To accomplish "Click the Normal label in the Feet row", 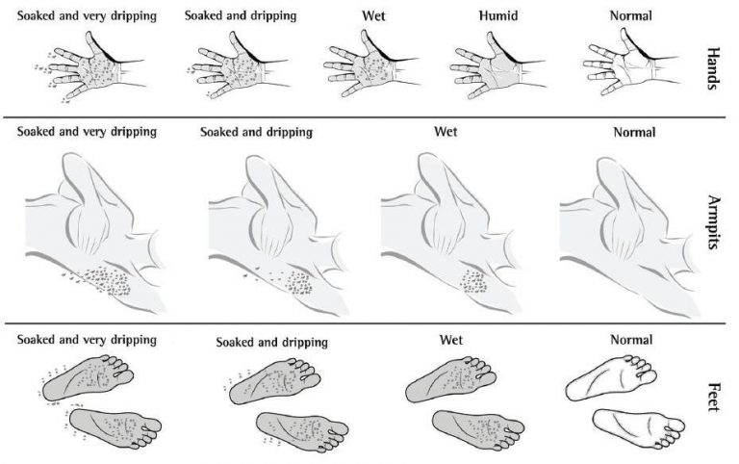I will [632, 339].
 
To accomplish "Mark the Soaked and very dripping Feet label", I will [87, 339].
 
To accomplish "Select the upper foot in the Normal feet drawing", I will [616, 372].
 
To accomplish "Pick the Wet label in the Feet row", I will [451, 340].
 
